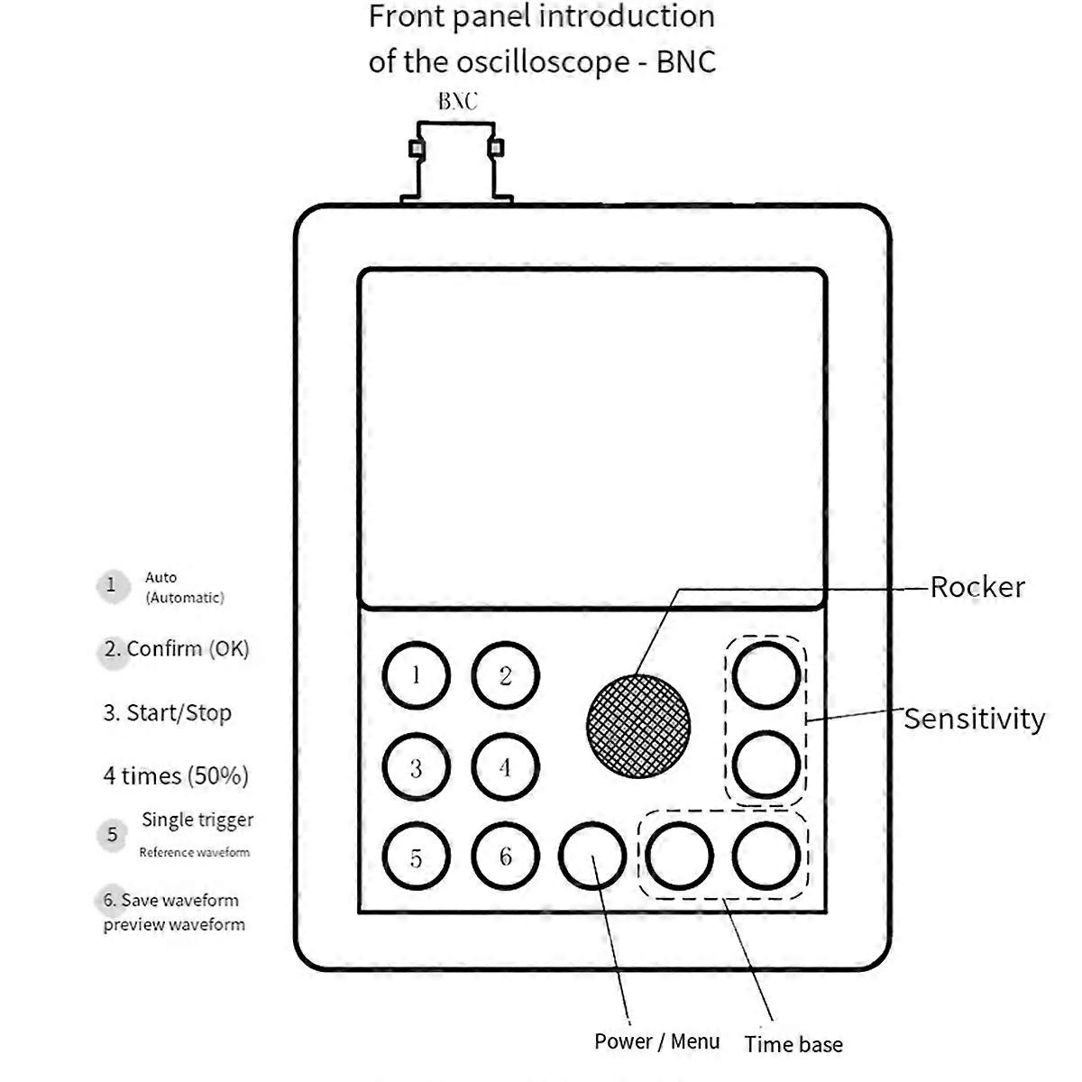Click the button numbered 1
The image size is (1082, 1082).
(416, 676)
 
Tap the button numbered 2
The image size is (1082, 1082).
(505, 676)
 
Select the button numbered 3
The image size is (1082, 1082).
(416, 768)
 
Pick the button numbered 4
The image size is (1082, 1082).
(505, 768)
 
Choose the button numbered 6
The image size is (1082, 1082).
(505, 857)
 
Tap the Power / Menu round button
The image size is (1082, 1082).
(592, 856)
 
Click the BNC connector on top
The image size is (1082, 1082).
(456, 162)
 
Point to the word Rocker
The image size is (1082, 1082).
(977, 587)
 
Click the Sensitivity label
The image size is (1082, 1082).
(974, 719)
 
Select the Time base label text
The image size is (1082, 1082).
(793, 1044)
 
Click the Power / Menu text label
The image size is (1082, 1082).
(656, 1041)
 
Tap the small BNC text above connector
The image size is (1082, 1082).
(457, 101)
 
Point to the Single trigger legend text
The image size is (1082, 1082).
(197, 820)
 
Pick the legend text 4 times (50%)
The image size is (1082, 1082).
(176, 775)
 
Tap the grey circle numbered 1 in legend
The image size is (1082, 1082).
(112, 585)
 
